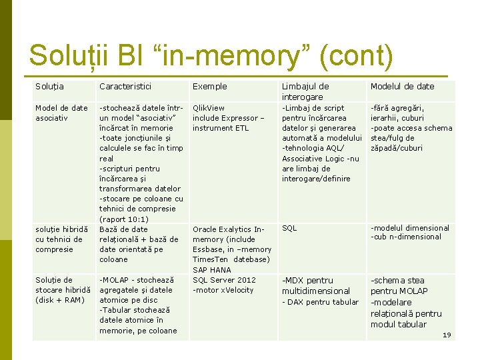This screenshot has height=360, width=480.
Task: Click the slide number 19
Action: point(447,335)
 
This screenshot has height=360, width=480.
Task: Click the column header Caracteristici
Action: point(125,86)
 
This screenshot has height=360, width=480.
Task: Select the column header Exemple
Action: point(209,86)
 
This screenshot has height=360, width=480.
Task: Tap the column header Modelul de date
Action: point(402,86)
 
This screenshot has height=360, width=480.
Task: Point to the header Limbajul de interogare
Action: point(305,91)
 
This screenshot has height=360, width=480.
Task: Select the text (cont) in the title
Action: point(356,55)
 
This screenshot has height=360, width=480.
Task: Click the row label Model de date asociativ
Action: point(61,113)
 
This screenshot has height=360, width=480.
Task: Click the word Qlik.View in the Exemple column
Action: point(209,108)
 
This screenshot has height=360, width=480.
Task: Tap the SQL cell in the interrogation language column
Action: point(289,228)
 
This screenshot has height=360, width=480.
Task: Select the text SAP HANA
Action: point(212,270)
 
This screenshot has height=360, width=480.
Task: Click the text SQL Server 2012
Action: point(224,280)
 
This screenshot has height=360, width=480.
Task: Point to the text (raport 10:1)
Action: point(124,219)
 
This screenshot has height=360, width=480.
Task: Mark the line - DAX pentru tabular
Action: point(320,302)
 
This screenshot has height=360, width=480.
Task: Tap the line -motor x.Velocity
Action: point(223,290)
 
